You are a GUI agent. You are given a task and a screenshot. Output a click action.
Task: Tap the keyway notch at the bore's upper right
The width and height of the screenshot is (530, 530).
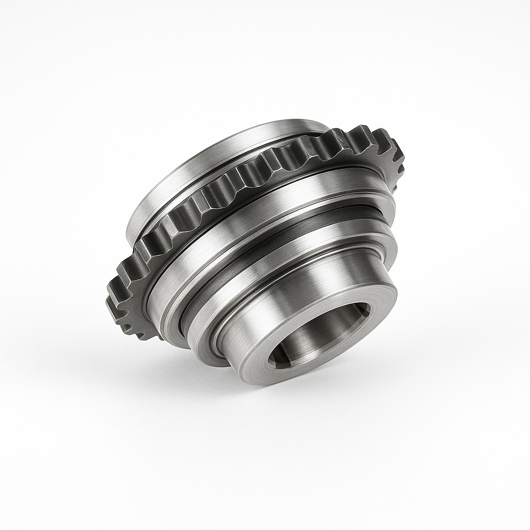[365, 310]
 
